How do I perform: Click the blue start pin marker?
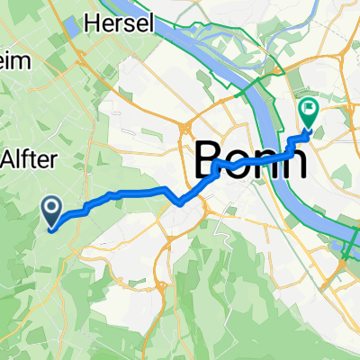tap(51, 212)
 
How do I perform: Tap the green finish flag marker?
tap(309, 113)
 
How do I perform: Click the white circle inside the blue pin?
tap(51, 210)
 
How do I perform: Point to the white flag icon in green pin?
tap(309, 111)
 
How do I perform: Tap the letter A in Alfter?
tap(13, 158)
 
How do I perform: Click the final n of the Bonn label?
tap(292, 164)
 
